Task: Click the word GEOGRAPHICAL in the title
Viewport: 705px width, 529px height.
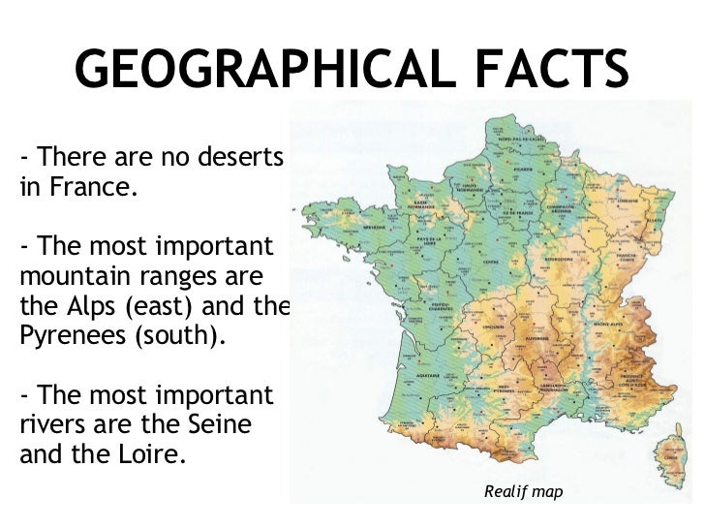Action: [262, 69]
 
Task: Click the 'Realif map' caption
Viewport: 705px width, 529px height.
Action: [522, 493]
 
